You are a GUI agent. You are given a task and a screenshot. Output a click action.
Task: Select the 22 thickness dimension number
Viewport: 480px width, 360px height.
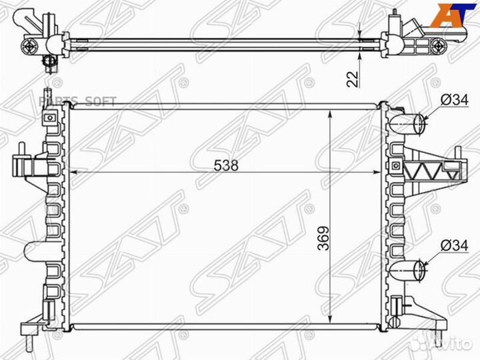353,78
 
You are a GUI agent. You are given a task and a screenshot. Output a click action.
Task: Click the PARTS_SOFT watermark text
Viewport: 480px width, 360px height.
77,101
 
